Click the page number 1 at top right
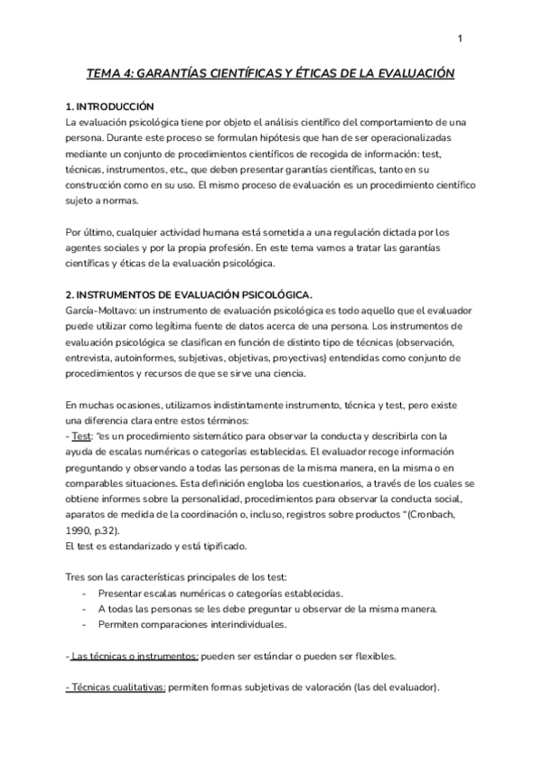[460, 38]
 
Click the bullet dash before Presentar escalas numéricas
[84, 593]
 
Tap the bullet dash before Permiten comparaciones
[84, 624]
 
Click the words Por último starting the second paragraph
[92, 231]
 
